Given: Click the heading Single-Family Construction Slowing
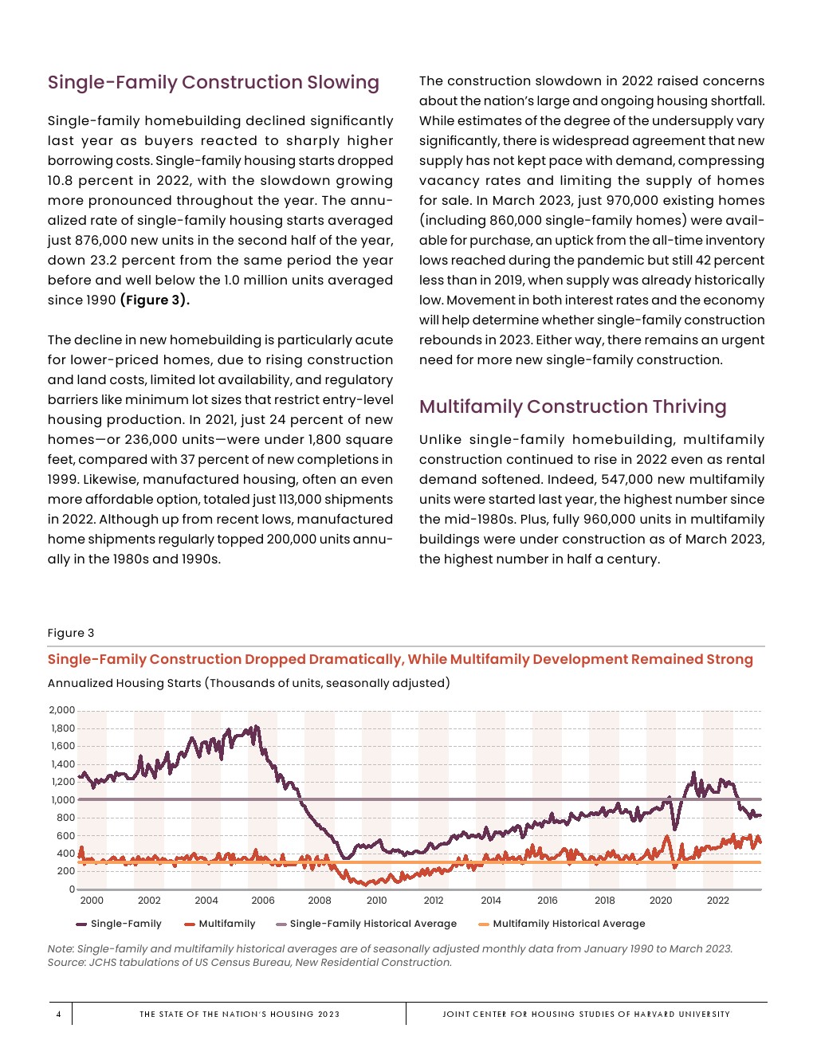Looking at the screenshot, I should click(x=213, y=82).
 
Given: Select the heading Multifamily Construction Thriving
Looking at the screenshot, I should click(x=572, y=406).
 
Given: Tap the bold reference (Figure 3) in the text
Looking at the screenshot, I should click(x=155, y=300).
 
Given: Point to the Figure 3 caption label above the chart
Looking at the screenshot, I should click(x=71, y=633).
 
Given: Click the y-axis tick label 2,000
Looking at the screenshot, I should click(x=61, y=710).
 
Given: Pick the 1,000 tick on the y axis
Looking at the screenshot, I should click(x=61, y=799).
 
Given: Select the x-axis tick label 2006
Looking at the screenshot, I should click(x=263, y=901).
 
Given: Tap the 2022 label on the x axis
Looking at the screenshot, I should click(x=717, y=901).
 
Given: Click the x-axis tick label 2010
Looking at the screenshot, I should click(x=376, y=901).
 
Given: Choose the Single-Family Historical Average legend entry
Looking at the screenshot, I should click(x=373, y=924).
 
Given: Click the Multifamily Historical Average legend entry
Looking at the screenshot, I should click(x=568, y=924).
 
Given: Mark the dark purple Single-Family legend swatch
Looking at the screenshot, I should click(x=81, y=924).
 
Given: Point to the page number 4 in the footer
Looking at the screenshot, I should click(x=58, y=1014).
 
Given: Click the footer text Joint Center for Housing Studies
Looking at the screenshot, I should click(x=586, y=1014).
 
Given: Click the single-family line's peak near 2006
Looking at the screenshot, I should click(x=256, y=726).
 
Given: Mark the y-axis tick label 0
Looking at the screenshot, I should click(x=72, y=889).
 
